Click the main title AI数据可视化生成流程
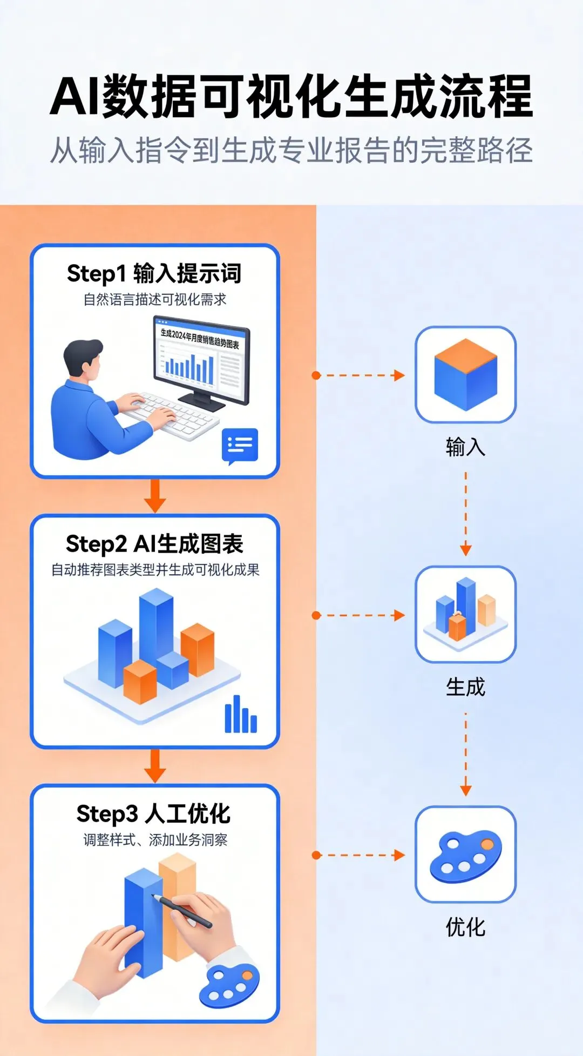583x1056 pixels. tap(291, 97)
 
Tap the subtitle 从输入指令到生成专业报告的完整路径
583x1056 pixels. tap(291, 150)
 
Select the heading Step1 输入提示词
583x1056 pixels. tap(154, 273)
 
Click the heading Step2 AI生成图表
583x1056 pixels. tap(154, 544)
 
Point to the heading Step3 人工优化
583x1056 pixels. tap(154, 813)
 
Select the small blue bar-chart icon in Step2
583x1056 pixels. tap(241, 714)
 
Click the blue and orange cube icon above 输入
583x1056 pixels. tap(465, 374)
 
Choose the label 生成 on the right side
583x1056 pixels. tap(465, 687)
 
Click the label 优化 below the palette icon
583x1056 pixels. tap(465, 927)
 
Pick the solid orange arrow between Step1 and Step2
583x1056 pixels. tap(155, 495)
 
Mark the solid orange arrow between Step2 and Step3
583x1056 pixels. tap(155, 765)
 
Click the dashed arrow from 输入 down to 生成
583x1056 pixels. tap(465, 513)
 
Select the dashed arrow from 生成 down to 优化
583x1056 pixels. tap(465, 754)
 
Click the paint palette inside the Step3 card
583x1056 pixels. tap(229, 985)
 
